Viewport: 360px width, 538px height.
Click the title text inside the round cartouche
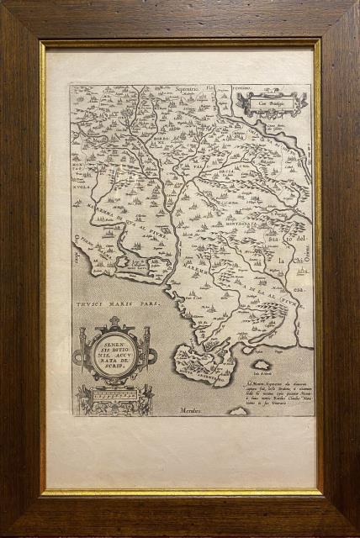(x=114, y=353)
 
